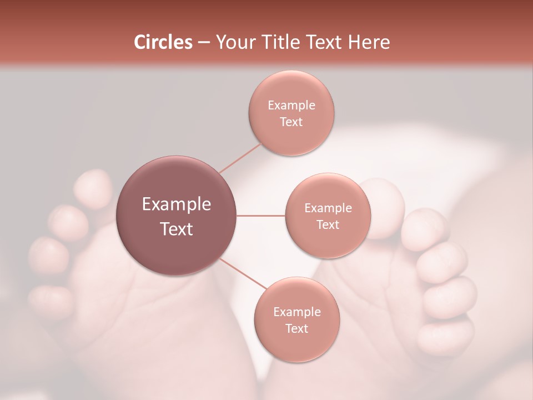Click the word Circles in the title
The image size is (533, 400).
[163, 42]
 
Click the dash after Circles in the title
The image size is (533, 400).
[204, 43]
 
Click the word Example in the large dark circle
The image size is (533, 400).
[176, 204]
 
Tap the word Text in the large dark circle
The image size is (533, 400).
[176, 229]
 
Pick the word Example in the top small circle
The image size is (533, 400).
[291, 106]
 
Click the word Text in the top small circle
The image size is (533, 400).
[291, 122]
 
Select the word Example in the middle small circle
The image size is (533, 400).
[328, 208]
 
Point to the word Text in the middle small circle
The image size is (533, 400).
[328, 225]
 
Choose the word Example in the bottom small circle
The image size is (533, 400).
[296, 312]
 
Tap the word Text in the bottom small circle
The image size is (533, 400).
[296, 329]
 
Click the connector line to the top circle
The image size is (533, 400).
[240, 158]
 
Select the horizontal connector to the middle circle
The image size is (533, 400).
[261, 216]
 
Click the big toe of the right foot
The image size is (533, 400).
[383, 206]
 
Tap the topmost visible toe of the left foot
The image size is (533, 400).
[93, 188]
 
